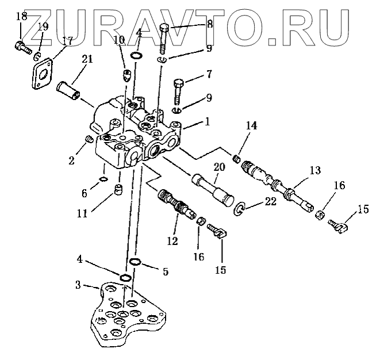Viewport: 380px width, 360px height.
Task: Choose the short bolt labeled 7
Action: pyautogui.click(x=179, y=89)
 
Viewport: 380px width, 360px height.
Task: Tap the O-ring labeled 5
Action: pyautogui.click(x=135, y=262)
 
